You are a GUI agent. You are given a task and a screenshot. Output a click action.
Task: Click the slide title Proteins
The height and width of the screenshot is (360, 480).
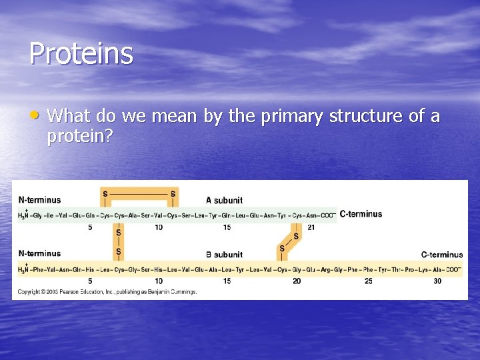pyautogui.click(x=81, y=53)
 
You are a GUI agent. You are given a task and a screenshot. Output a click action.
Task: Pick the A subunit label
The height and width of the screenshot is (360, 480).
pyautogui.click(x=224, y=200)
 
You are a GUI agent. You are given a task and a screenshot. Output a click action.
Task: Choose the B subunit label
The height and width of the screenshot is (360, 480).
pyautogui.click(x=224, y=254)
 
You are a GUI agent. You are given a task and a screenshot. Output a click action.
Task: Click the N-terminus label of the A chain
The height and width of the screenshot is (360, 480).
pyautogui.click(x=39, y=199)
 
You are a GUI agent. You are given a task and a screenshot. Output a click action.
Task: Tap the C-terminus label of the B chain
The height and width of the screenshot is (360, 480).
pyautogui.click(x=441, y=254)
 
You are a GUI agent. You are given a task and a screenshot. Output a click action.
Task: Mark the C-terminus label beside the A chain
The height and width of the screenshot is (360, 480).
pyautogui.click(x=361, y=214)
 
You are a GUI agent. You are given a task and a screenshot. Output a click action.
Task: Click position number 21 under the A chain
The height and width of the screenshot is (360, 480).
pyautogui.click(x=311, y=228)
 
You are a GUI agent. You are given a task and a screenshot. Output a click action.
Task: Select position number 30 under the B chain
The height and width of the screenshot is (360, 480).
pyautogui.click(x=437, y=281)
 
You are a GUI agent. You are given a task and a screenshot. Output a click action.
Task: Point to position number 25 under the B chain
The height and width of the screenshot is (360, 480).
pyautogui.click(x=368, y=281)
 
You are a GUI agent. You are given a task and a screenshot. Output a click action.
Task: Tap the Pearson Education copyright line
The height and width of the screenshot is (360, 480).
pyautogui.click(x=107, y=292)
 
